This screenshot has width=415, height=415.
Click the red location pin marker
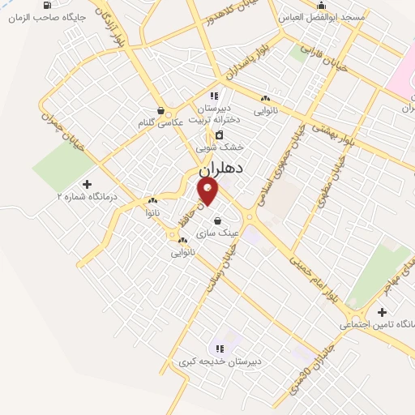[x=208, y=190]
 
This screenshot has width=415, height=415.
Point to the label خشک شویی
[x=220, y=148]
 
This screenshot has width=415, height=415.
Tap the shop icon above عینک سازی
[x=217, y=220]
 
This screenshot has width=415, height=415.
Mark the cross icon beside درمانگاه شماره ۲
[x=88, y=184]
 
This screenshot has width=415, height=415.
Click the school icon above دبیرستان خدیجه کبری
[x=219, y=349]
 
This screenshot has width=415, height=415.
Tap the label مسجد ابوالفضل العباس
[x=321, y=16]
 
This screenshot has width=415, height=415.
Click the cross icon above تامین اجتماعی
[x=382, y=312]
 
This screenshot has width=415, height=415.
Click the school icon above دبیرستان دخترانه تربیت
[x=214, y=96]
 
